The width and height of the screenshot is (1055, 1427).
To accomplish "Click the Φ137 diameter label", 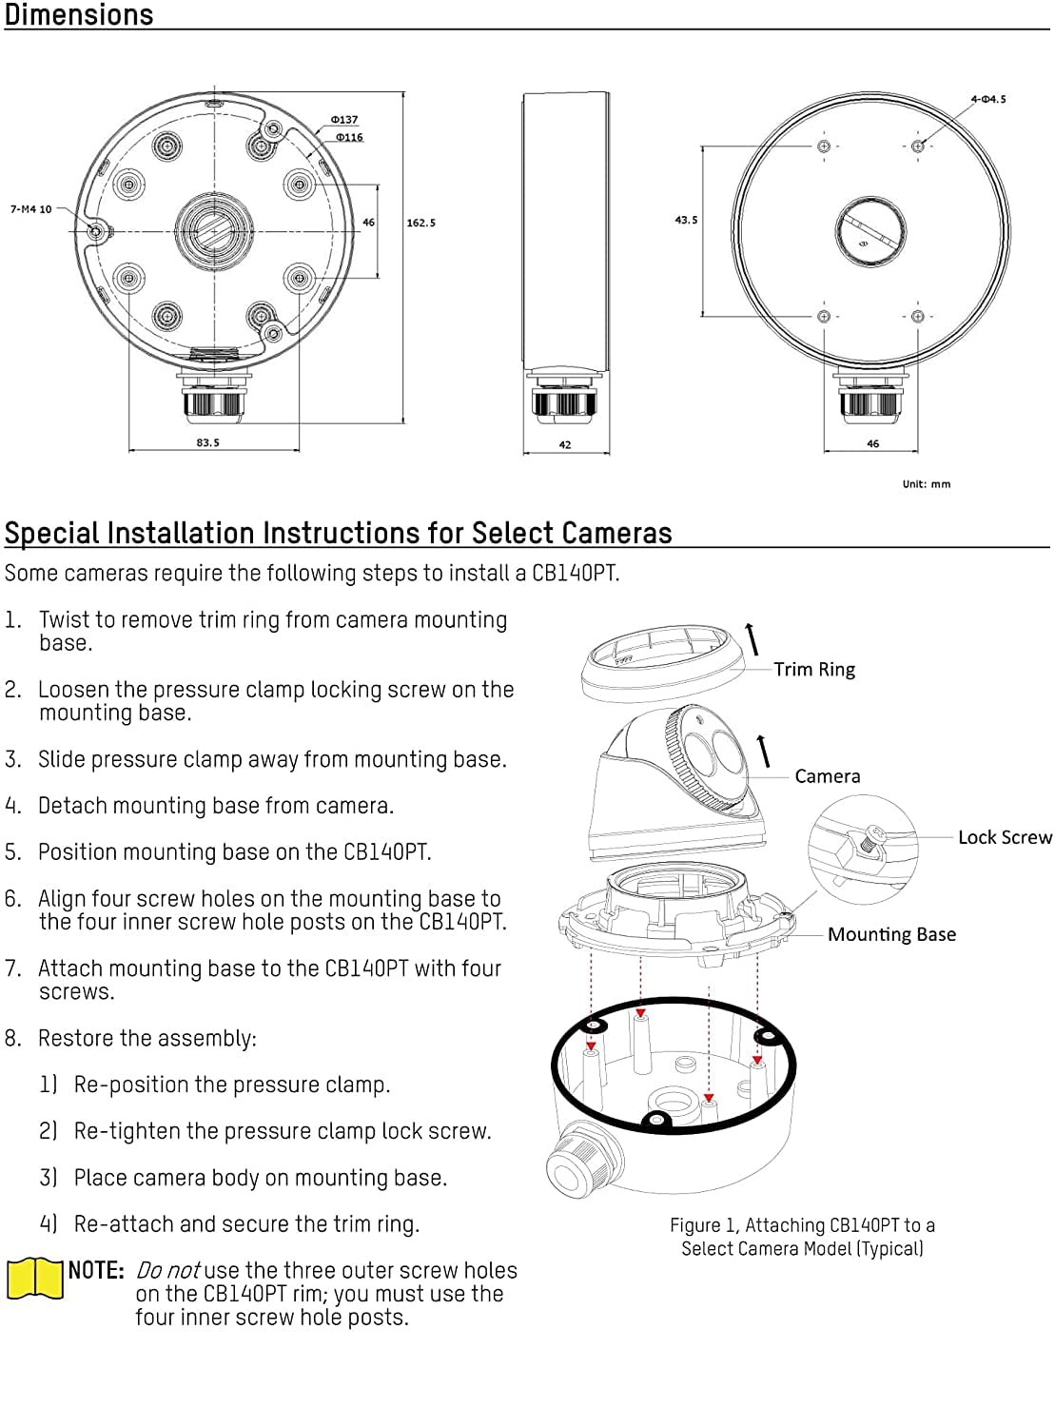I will (x=344, y=120).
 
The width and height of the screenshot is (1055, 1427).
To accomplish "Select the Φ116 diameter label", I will (x=349, y=137).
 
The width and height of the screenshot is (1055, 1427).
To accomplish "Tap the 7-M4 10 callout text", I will (x=31, y=209).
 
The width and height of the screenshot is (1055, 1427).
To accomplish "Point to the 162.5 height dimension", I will (x=420, y=223).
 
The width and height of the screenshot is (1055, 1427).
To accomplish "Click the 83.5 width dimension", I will (x=207, y=442).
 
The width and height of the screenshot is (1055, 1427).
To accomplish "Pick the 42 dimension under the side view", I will (x=565, y=444).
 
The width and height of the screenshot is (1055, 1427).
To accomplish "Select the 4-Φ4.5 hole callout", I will (x=987, y=99).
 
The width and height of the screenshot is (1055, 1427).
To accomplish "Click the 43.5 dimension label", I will (x=686, y=220).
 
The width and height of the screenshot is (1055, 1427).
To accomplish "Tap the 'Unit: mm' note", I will (x=926, y=484).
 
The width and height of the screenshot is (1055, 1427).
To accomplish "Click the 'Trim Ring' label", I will (x=814, y=670).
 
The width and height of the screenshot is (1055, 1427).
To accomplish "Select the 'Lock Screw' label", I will (x=1005, y=837).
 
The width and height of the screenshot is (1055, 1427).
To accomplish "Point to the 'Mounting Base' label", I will (x=891, y=934).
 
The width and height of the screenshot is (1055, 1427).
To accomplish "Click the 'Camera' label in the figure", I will (x=828, y=776).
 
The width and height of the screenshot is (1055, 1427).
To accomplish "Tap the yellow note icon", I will (x=35, y=1279).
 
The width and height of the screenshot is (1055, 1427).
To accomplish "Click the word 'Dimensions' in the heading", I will (x=79, y=15).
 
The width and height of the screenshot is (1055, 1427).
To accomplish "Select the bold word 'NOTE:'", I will (x=96, y=1271).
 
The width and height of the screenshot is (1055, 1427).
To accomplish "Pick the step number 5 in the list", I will (x=12, y=851).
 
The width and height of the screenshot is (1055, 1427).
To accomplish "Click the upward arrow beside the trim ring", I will (x=752, y=638).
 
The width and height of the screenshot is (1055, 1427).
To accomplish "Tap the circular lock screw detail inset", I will (x=863, y=849).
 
